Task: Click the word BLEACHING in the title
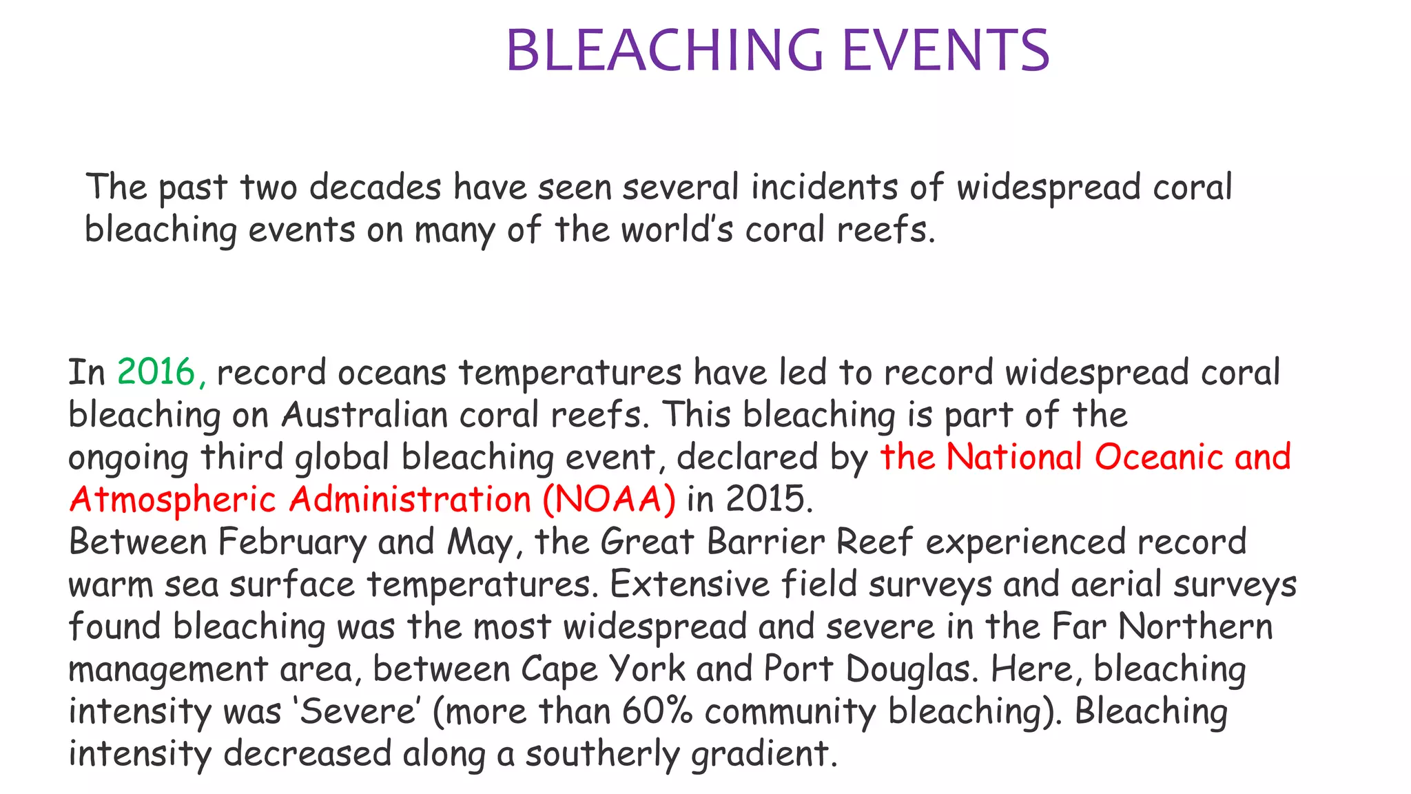(664, 50)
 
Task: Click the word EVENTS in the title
(945, 50)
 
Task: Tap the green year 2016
(156, 373)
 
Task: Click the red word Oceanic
(1158, 458)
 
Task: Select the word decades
(375, 187)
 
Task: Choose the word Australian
(364, 416)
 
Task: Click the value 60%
(657, 711)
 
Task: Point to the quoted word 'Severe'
(356, 711)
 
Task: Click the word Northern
(1195, 627)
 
